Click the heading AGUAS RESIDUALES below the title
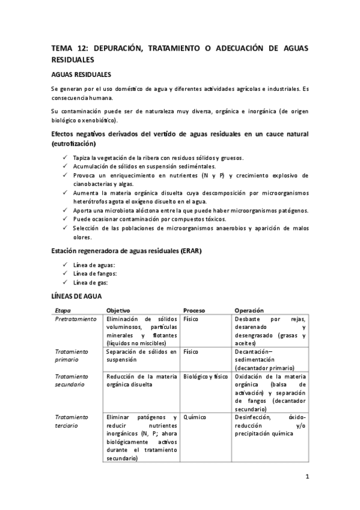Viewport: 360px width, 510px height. pos(81,75)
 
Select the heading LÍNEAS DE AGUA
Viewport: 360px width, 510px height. pos(76,296)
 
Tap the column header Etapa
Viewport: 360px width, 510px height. pos(63,310)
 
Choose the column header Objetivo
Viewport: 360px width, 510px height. pos(118,310)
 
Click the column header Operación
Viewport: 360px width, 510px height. pos(249,310)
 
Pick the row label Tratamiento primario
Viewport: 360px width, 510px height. pos(72,355)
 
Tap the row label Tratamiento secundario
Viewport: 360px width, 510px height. pos(72,380)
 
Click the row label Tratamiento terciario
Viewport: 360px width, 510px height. pos(72,420)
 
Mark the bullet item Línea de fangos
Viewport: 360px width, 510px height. pos(94,274)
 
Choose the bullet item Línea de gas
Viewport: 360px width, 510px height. pos(91,283)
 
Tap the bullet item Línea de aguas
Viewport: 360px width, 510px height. pos(94,265)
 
